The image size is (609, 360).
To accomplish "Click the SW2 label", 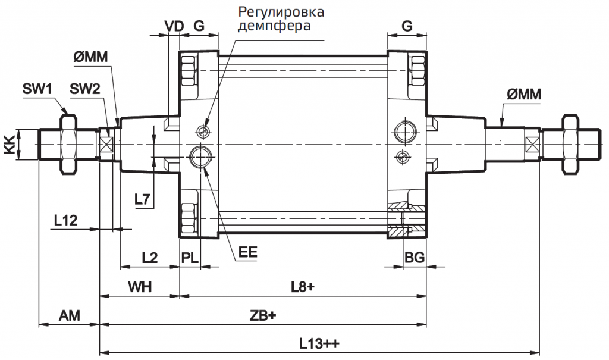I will [85, 90].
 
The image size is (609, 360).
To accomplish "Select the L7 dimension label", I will [142, 199].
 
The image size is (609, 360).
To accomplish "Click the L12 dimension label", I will [65, 220].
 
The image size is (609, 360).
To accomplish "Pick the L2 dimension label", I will [149, 257].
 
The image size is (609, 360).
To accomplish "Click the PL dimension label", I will [190, 257].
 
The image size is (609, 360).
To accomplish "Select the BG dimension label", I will [414, 257].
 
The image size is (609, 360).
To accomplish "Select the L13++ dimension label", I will [322, 344].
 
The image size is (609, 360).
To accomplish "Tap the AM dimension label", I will [69, 315].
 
